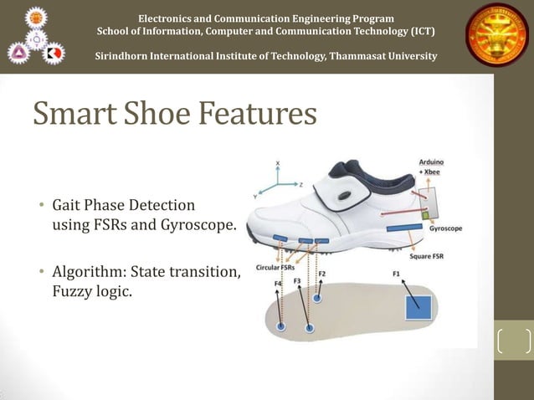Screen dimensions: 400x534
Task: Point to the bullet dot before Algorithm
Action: [42, 274]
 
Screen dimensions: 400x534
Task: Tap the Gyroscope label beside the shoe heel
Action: [445, 228]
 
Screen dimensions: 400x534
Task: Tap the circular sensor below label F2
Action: [317, 297]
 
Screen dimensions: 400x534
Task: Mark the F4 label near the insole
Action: [279, 284]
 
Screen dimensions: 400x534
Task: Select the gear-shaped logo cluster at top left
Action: [36, 36]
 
